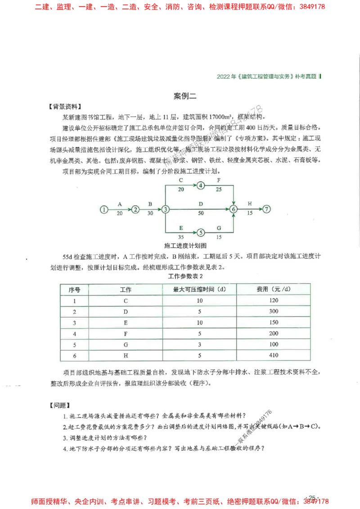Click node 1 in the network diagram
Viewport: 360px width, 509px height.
104,209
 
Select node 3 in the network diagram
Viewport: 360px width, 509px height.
166,209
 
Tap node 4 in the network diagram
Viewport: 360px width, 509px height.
201,185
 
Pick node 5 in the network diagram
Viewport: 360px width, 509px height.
201,232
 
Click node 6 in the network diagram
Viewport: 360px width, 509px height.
233,209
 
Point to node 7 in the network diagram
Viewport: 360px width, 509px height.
267,209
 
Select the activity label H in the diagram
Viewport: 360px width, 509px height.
250,204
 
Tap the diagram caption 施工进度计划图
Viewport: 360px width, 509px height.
185,246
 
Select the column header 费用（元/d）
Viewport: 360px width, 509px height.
273,289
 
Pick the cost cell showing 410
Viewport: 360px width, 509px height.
273,355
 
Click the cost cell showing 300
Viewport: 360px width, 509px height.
273,311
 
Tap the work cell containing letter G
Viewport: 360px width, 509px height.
126,344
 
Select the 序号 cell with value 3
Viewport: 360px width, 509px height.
75,322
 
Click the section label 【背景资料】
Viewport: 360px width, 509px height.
65,107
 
